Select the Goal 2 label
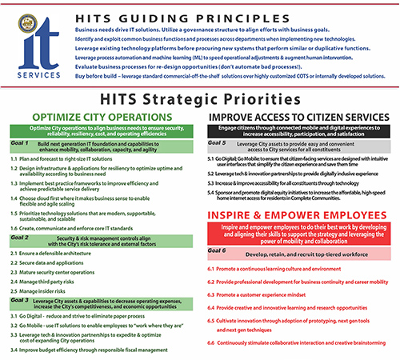pyautogui.click(x=20, y=238)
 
